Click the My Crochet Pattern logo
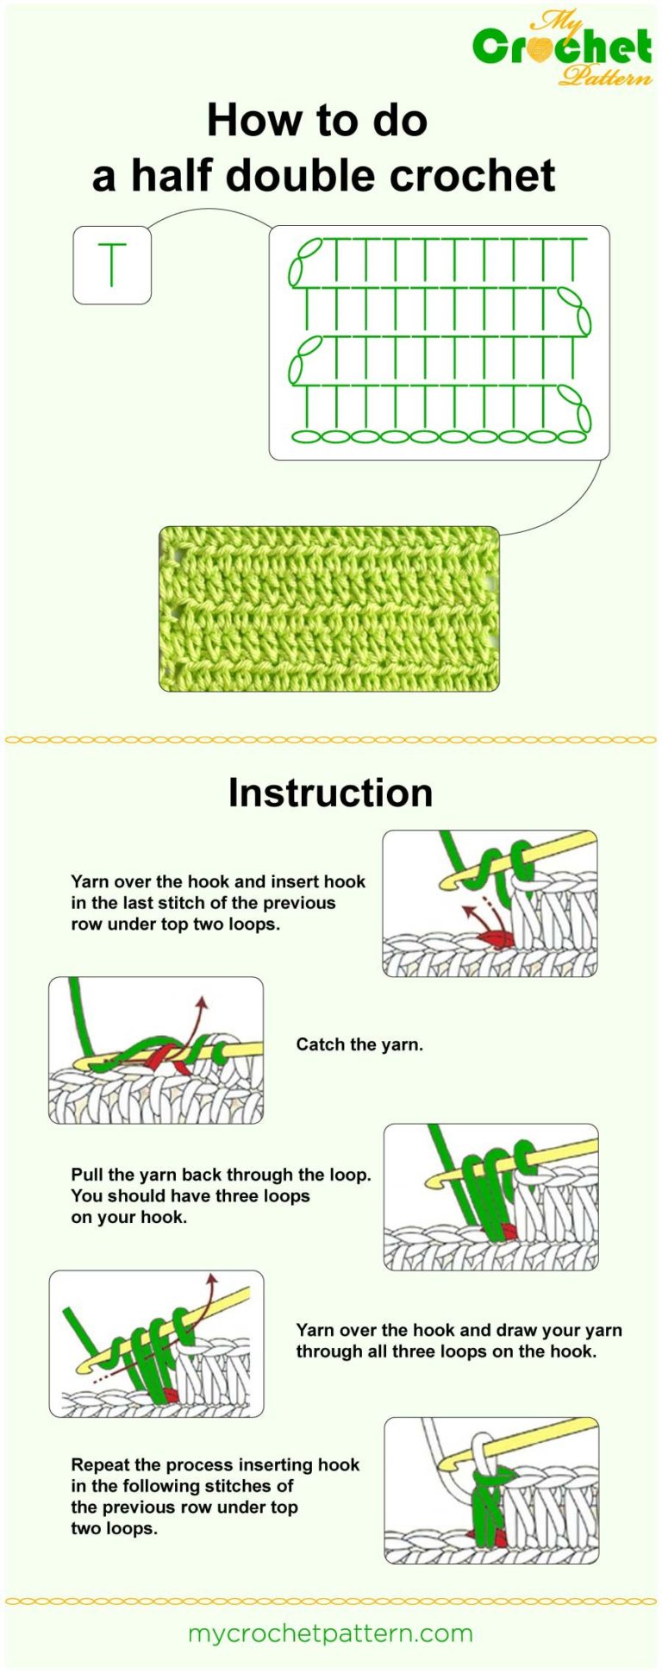(562, 48)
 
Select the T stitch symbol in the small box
(112, 265)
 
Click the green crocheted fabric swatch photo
(329, 609)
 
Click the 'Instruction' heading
(330, 793)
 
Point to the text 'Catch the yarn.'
(359, 1044)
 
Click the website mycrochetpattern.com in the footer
(330, 1633)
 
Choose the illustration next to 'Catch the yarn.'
(156, 1050)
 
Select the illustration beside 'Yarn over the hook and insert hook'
(490, 903)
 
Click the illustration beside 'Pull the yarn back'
(490, 1196)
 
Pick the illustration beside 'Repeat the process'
(491, 1490)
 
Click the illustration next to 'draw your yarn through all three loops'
(156, 1343)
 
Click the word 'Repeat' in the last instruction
(99, 1464)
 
